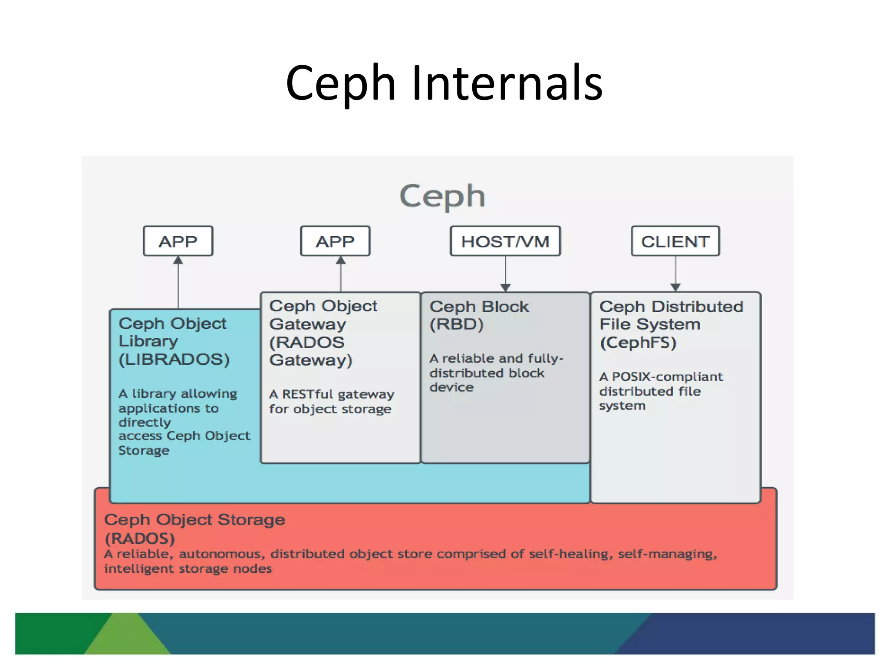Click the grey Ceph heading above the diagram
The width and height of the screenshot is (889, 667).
click(x=442, y=196)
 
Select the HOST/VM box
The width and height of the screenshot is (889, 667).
click(x=505, y=241)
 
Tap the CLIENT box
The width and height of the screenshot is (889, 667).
click(x=675, y=241)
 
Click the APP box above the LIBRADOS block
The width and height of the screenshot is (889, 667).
click(x=178, y=241)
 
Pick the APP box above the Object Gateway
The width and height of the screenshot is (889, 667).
click(x=335, y=241)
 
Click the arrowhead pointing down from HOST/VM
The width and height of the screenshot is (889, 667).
click(x=505, y=287)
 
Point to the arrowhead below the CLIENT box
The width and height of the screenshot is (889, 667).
click(x=675, y=287)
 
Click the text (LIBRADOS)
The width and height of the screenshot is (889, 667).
click(x=174, y=360)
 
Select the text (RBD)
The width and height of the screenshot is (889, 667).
click(x=457, y=324)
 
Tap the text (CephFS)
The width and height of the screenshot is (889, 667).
click(x=638, y=343)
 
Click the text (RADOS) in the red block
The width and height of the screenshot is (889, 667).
click(x=140, y=538)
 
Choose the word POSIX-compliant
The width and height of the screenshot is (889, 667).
click(x=667, y=376)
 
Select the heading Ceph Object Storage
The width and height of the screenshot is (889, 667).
click(x=194, y=520)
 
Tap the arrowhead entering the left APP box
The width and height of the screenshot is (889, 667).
click(x=178, y=261)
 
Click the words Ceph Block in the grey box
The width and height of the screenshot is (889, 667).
click(x=479, y=307)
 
